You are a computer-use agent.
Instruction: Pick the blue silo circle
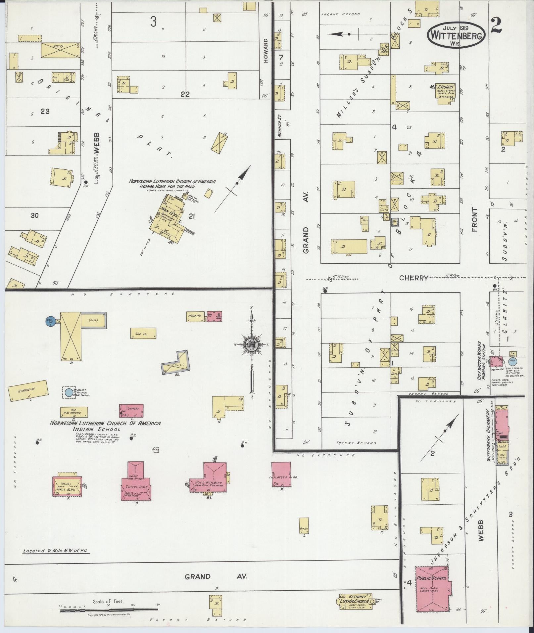(50, 321)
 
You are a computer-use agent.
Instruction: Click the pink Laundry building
(131, 412)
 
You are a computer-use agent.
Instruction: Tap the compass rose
(251, 346)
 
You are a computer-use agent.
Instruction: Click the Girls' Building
(67, 486)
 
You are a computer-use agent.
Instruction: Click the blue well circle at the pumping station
(512, 361)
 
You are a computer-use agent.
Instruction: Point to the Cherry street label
(413, 278)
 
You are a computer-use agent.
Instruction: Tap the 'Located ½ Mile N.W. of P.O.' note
(56, 551)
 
